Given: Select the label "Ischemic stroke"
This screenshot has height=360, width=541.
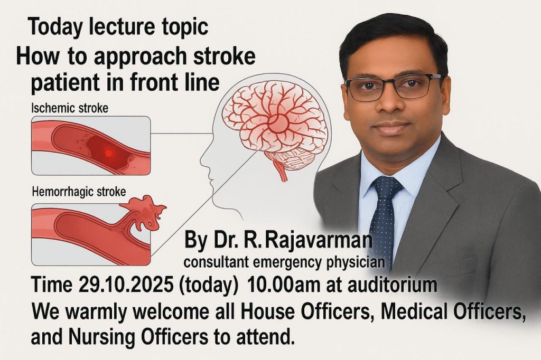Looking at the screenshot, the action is [x=70, y=108].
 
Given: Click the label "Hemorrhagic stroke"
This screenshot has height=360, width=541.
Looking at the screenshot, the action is [x=79, y=192].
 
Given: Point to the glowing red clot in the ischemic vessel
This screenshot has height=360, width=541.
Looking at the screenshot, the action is [x=108, y=153].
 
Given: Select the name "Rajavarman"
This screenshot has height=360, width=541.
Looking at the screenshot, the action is [x=318, y=240].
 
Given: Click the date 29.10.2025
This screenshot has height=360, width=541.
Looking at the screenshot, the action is [x=126, y=285].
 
